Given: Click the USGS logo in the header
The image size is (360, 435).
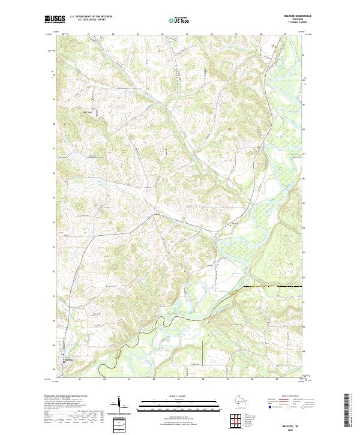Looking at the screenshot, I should (x=55, y=20).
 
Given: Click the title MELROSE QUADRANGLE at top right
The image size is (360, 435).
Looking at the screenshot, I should (x=289, y=16).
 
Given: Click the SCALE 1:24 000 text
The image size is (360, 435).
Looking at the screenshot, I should (x=174, y=395).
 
